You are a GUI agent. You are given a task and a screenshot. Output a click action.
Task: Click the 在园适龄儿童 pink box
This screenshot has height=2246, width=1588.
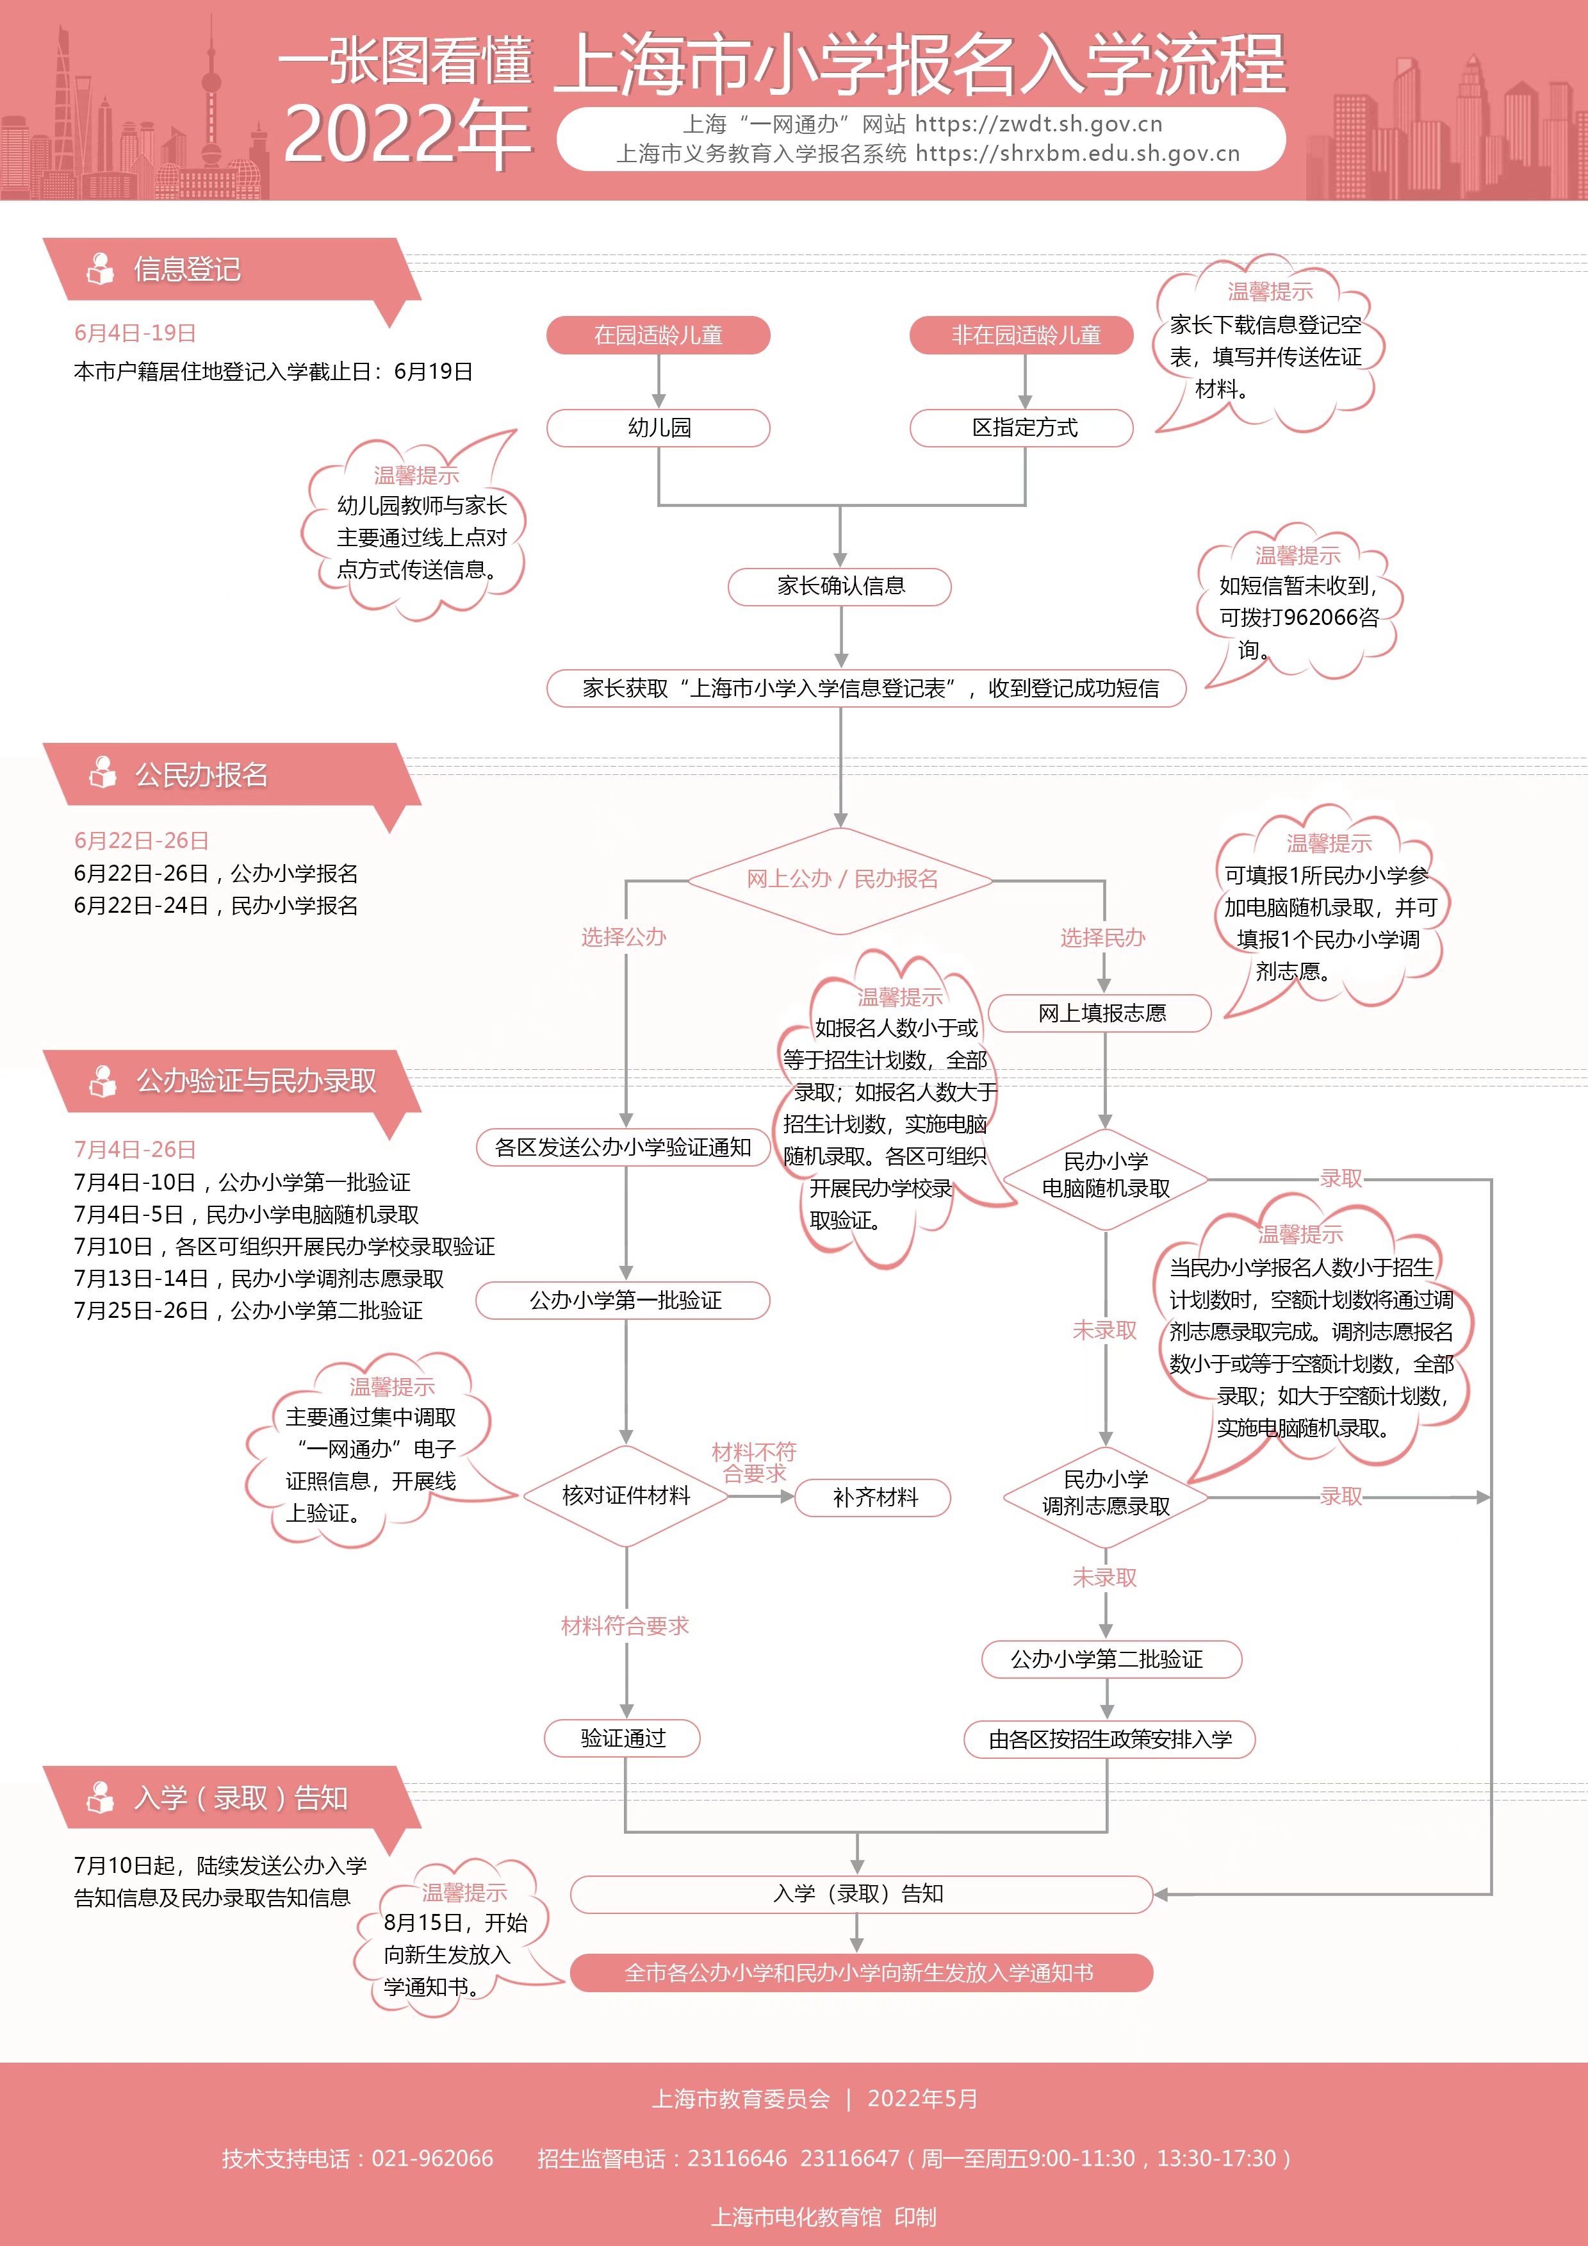coord(658,335)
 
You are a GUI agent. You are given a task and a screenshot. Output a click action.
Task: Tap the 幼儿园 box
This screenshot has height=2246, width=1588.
coord(658,428)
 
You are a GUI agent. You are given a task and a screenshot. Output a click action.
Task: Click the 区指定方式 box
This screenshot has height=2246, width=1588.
coord(1023,428)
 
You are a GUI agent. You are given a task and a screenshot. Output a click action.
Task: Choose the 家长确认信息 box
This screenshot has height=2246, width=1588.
coord(840,586)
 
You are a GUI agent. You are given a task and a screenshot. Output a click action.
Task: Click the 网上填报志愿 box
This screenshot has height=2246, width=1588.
coord(1101,1013)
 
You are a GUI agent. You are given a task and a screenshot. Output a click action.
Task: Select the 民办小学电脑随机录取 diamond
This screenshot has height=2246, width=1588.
coord(1105,1176)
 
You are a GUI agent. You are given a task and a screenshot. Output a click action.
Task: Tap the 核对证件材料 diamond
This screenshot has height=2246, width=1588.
coord(626,1495)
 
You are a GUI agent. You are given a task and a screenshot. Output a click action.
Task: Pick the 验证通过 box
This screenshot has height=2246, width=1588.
coord(623,1738)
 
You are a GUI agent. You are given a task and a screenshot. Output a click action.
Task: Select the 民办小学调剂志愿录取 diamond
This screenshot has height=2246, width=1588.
coord(1105,1493)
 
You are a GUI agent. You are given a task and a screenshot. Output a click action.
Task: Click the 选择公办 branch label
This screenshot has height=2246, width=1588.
coord(624,937)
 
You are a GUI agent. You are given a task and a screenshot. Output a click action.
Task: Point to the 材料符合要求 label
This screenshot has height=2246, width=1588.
coord(625,1626)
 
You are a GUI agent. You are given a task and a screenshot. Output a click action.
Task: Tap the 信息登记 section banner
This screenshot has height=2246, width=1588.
coord(186,269)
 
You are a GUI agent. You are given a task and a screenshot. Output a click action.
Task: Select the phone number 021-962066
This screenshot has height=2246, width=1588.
coord(432,2159)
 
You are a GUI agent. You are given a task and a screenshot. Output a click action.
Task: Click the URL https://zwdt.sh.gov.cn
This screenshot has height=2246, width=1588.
coord(1038,124)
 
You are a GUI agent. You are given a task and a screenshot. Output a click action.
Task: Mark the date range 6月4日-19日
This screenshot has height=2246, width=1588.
coord(135,333)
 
